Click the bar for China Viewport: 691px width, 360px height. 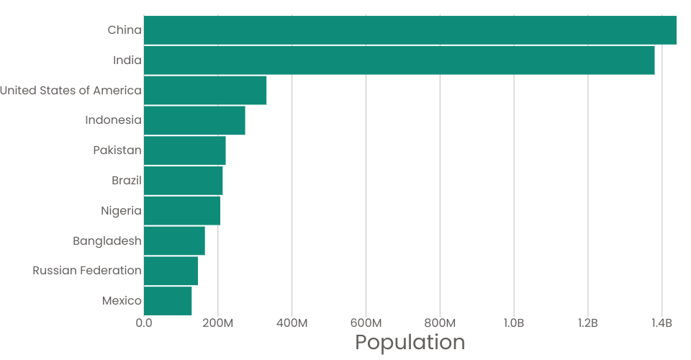(x=410, y=30)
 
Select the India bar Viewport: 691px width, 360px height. (x=399, y=60)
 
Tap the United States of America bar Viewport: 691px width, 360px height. (x=205, y=91)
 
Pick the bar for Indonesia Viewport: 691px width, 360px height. (x=194, y=120)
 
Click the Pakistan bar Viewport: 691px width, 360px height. (x=185, y=150)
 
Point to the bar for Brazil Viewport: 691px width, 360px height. (x=184, y=181)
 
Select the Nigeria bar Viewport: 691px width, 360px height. (x=182, y=211)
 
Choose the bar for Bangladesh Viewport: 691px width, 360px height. (x=174, y=240)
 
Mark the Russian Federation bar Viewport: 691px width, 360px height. (x=171, y=271)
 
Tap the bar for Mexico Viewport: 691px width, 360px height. (x=168, y=301)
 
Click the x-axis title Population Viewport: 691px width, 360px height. (x=410, y=342)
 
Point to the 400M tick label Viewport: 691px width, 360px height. (x=292, y=323)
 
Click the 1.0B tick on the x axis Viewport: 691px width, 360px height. (x=513, y=323)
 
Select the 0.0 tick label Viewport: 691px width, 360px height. (x=144, y=323)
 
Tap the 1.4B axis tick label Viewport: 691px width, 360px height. (x=661, y=323)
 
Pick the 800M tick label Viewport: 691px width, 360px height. (x=440, y=323)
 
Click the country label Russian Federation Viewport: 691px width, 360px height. (x=87, y=271)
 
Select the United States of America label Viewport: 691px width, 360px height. (x=71, y=91)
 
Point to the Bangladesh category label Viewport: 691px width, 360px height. (x=107, y=240)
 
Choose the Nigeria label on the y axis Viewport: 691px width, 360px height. (x=122, y=211)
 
